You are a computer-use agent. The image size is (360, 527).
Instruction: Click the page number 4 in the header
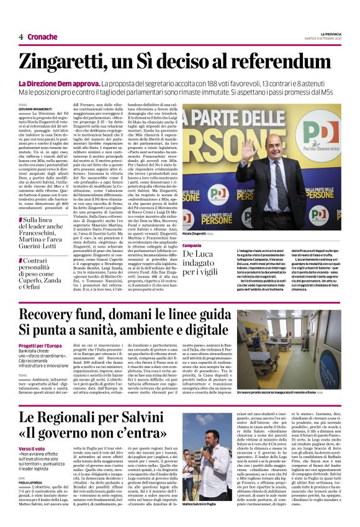click(x=21, y=37)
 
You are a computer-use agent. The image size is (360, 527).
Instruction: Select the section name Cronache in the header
click(x=43, y=37)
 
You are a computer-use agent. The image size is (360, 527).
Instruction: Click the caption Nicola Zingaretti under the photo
click(x=199, y=234)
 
